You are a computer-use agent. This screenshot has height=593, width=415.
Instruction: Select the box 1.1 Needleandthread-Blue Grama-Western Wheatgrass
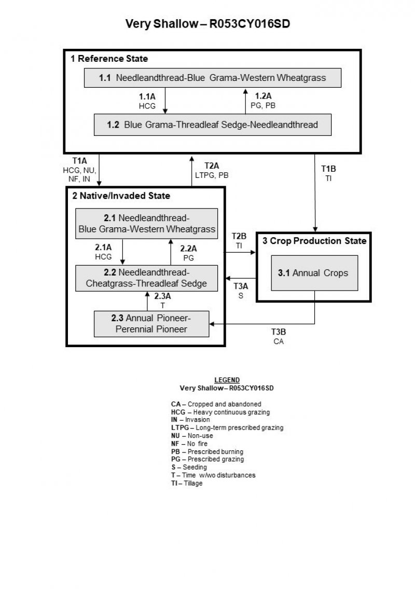(213, 78)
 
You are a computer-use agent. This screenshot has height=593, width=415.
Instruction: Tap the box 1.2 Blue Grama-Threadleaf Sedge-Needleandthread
(212, 125)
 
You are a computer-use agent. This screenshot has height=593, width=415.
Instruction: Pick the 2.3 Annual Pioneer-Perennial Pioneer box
(151, 323)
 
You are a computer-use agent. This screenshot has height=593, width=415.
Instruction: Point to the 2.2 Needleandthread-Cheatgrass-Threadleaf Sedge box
(147, 278)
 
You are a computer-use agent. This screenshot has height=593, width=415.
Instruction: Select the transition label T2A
(212, 166)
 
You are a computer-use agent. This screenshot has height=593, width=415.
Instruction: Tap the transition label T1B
(328, 169)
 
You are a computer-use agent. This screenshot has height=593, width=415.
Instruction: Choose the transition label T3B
(279, 333)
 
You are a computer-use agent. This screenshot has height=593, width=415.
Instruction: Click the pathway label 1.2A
(263, 96)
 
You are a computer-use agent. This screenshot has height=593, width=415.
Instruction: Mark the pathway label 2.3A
(162, 297)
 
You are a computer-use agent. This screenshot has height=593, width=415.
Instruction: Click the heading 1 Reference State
(109, 59)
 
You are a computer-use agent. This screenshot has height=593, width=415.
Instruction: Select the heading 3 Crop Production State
(314, 241)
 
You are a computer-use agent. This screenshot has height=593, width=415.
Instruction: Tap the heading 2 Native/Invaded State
(120, 196)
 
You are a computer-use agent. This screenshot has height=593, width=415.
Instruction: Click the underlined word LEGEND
(227, 380)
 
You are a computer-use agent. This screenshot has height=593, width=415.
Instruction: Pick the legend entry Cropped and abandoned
(216, 404)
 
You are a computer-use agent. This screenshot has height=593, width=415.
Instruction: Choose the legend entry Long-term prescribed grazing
(227, 428)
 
